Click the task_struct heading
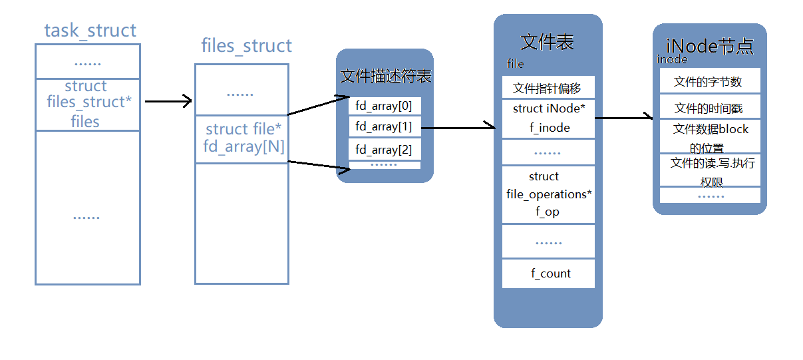pyautogui.click(x=90, y=31)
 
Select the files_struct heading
pyautogui.click(x=246, y=46)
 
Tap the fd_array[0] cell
pyautogui.click(x=384, y=106)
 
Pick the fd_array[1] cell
pyautogui.click(x=384, y=126)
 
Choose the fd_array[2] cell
pyautogui.click(x=384, y=149)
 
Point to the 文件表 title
pyautogui.click(x=547, y=43)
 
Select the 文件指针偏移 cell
pyautogui.click(x=548, y=88)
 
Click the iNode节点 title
pyautogui.click(x=709, y=47)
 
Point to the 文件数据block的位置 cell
pyautogui.click(x=709, y=137)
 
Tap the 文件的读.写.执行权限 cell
pyautogui.click(x=709, y=171)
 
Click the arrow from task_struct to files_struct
pyautogui.click(x=168, y=102)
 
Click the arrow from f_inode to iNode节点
pyautogui.click(x=623, y=118)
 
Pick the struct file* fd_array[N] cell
pyautogui.click(x=242, y=138)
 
